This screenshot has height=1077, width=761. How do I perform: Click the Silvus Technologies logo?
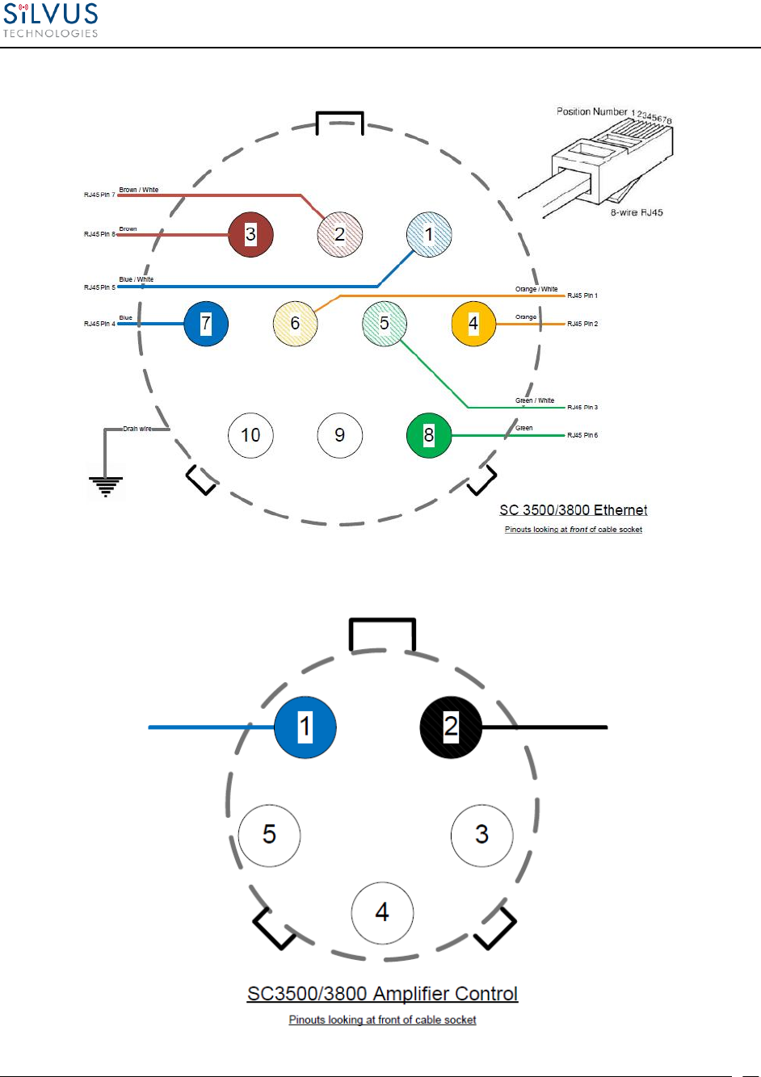(50, 20)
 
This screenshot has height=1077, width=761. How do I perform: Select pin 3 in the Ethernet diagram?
(250, 234)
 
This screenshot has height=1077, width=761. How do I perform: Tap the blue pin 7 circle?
(206, 324)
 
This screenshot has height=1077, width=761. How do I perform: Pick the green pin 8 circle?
(429, 435)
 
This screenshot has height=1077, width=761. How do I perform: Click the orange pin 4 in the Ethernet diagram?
(473, 324)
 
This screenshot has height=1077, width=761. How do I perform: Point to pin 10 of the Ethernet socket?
(250, 435)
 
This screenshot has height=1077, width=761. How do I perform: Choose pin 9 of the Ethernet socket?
(340, 435)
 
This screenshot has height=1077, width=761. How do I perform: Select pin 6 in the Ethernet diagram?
(295, 324)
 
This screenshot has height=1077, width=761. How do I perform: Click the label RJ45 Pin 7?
(99, 195)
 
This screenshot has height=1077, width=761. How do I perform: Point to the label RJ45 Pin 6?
(582, 436)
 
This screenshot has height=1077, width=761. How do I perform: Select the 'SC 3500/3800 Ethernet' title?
(573, 510)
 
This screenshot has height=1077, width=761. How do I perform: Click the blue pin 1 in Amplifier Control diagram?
(305, 727)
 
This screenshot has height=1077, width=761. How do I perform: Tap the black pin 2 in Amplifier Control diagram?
(451, 727)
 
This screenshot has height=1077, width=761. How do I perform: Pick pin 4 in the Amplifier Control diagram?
(382, 912)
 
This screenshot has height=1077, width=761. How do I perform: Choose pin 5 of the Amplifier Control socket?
(269, 835)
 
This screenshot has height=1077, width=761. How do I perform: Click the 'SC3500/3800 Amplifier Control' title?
(382, 994)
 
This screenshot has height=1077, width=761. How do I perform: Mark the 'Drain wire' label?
(137, 430)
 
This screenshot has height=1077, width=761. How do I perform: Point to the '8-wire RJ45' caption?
(637, 213)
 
